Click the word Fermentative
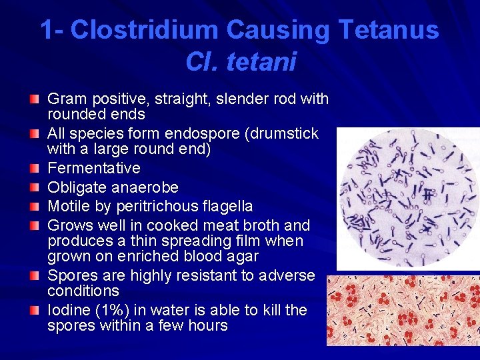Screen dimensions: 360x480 tap(94, 168)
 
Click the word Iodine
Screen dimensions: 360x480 tap(70, 310)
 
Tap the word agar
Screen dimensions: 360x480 tap(243, 256)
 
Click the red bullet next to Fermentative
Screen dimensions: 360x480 tap(33, 167)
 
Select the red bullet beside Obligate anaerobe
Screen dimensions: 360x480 tap(33, 187)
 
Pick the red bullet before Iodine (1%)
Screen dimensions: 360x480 tap(33, 309)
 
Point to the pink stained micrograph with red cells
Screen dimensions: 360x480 tap(403, 311)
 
